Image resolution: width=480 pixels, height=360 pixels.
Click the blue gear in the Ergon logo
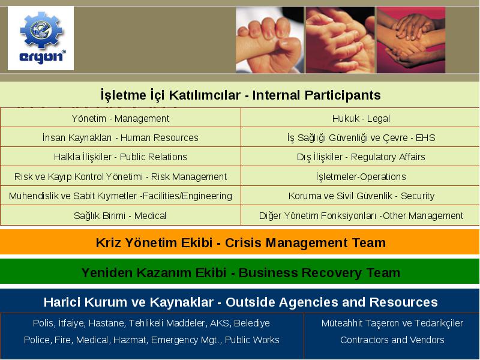pos(41,30)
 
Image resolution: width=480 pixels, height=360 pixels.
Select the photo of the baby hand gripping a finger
pos(269,40)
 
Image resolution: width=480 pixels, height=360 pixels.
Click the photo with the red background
pos(411,40)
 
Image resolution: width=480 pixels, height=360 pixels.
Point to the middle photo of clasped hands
pos(340,40)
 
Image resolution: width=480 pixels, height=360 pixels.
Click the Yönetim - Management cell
pos(121,118)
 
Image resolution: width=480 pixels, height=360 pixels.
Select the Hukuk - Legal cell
pos(361,118)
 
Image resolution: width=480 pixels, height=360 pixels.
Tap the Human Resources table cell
pos(121,137)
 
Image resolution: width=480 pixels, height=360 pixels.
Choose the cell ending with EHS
pos(361,137)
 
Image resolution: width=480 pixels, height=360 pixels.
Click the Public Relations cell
pos(121,157)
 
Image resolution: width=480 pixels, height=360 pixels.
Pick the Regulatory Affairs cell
pos(361,157)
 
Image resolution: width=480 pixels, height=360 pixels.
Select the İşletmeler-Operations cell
pos(361,176)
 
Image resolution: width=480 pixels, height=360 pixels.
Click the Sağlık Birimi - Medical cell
pos(121,215)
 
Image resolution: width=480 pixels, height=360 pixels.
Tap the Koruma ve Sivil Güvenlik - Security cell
pos(361,196)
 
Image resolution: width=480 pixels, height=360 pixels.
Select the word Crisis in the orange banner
pos(244,243)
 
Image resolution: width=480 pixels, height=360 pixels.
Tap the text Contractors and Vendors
pos(392,340)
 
